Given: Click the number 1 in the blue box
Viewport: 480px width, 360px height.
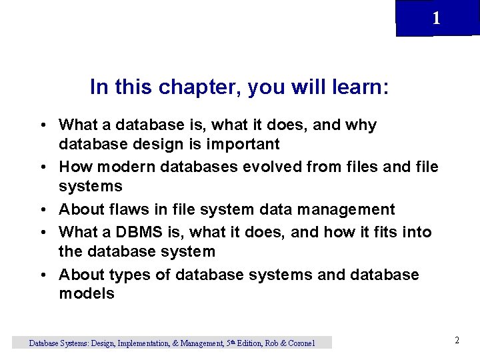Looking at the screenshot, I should (x=436, y=19).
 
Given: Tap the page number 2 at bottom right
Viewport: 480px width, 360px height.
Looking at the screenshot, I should (x=457, y=340).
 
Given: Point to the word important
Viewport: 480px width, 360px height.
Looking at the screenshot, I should (x=244, y=144).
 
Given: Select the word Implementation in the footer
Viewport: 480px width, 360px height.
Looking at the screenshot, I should (x=145, y=343).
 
